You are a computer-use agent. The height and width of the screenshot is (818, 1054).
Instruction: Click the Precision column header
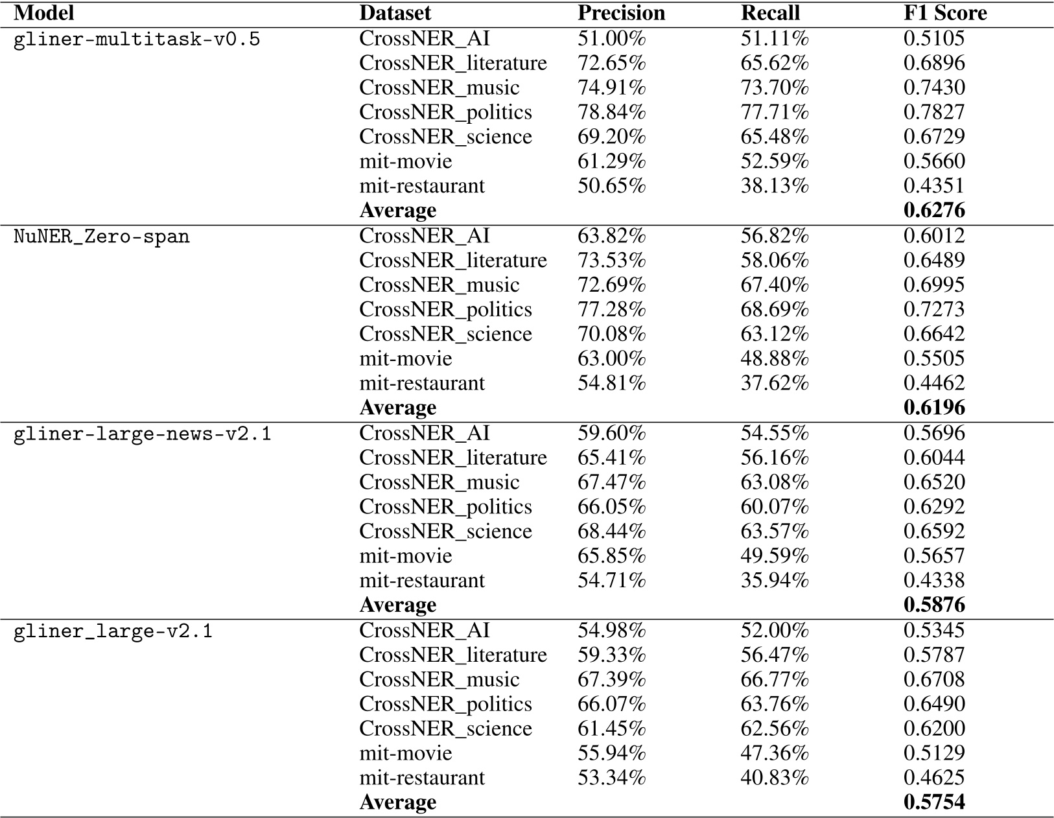621,14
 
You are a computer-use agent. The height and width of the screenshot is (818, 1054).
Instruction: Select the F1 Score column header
945,14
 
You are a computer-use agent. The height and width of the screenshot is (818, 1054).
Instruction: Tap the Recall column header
770,14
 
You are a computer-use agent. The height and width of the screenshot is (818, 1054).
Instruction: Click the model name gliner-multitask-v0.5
137,40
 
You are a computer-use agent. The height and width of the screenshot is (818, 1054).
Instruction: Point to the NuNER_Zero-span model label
102,237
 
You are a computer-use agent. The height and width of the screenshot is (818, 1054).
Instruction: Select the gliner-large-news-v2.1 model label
143,434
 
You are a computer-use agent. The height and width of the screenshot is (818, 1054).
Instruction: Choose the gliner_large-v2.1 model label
113,631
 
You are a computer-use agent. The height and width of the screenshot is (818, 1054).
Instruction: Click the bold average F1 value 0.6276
934,211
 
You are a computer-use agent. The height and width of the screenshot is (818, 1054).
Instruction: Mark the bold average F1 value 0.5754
934,802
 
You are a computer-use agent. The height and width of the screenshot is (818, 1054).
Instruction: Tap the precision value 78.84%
611,112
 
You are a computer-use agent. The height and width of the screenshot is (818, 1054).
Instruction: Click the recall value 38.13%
775,186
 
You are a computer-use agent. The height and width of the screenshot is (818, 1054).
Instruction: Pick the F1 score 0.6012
934,236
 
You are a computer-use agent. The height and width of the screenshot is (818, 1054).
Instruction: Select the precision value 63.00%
611,358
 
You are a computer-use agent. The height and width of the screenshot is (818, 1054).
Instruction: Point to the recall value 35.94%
775,580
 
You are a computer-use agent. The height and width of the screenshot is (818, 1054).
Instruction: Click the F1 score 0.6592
934,532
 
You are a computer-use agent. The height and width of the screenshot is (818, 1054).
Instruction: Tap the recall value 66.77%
775,679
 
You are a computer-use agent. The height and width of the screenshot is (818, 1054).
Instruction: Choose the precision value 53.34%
611,778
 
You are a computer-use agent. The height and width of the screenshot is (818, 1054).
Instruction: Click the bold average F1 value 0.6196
934,408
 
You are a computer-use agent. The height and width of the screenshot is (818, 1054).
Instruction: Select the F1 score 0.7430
934,88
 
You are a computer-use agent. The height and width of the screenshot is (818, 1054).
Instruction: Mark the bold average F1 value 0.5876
934,605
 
